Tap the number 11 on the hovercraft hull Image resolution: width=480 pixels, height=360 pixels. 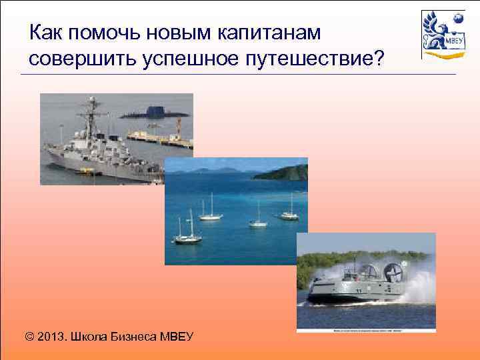pyautogui.click(x=359, y=291)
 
